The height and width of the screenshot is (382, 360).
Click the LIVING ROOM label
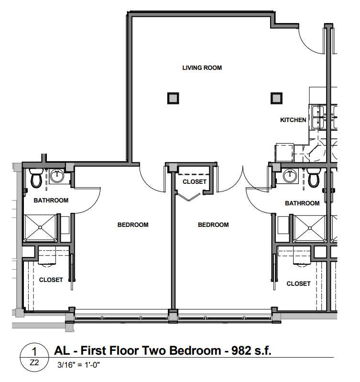coord(202,67)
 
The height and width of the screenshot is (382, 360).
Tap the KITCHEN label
coord(293,120)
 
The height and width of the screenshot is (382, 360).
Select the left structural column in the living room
coord(173,98)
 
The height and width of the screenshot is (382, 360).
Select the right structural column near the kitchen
coord(276,98)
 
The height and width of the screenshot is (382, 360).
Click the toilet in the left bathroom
coord(36,178)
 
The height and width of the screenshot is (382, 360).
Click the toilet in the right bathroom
coord(314,178)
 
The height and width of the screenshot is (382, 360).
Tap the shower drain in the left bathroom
coord(40,227)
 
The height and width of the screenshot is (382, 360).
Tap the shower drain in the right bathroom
coord(310,228)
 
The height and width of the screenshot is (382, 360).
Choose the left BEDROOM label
coord(133,225)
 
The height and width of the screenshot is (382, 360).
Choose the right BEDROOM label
coord(213,225)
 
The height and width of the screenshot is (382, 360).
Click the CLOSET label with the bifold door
coord(195,182)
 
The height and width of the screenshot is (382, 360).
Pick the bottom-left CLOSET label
coord(51,280)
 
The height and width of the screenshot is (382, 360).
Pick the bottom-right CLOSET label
coord(298,283)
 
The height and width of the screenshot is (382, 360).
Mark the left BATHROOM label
coord(51,200)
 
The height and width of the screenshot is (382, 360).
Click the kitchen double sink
coord(317,117)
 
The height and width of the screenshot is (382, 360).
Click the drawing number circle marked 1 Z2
coord(34,358)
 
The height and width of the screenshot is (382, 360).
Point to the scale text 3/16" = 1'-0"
coord(78,365)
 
